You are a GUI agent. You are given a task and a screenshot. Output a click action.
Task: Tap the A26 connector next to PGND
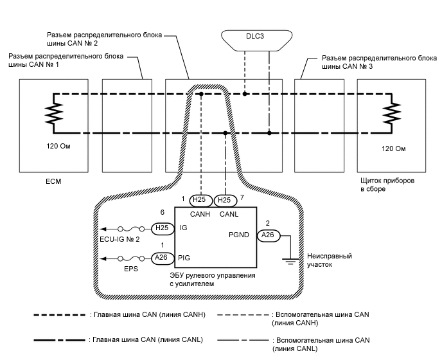click(x=268, y=236)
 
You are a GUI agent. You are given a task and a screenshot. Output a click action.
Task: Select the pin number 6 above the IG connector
click(x=163, y=212)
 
